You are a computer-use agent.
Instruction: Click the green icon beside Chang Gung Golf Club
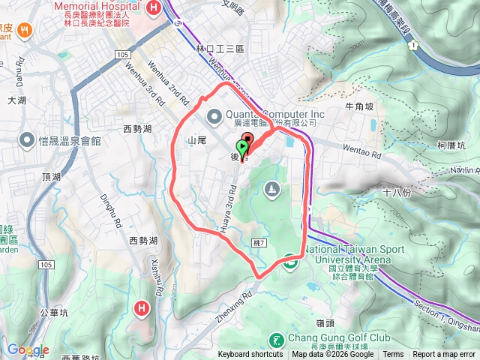point(276,340)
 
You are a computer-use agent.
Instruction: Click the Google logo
point(28,350)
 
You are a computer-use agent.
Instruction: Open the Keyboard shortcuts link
point(250,355)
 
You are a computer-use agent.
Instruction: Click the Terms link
point(393,355)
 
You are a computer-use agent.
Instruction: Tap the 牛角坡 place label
point(359,106)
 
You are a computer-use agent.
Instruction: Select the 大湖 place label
point(16,99)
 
